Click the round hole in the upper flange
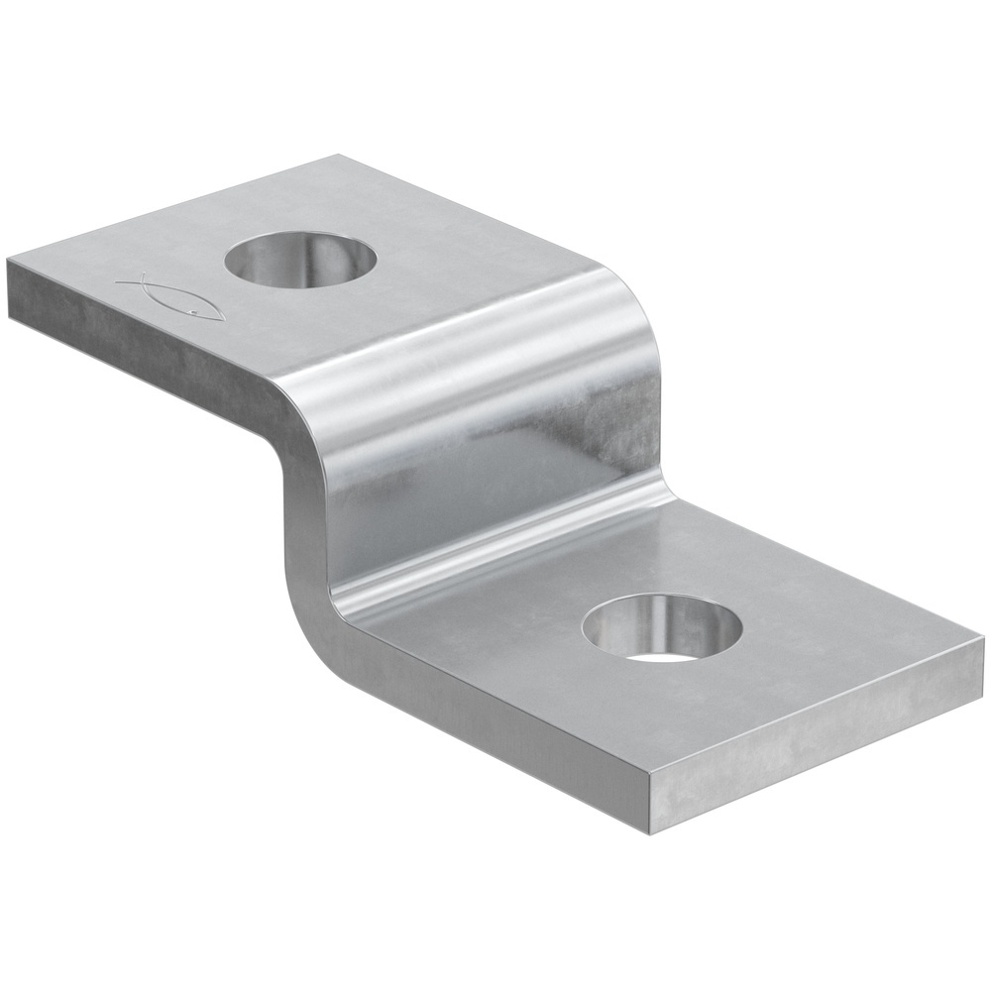(x=300, y=260)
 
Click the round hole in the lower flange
(x=661, y=628)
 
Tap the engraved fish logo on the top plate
(x=173, y=298)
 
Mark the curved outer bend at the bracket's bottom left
(x=307, y=614)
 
